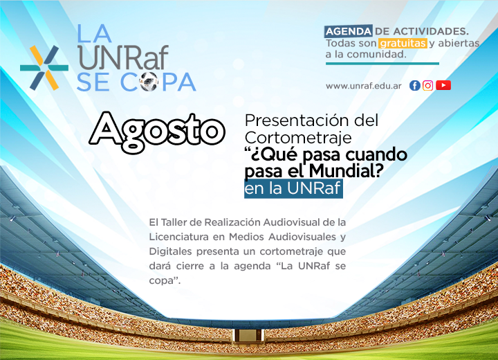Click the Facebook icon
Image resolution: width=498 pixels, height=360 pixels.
[x=415, y=86]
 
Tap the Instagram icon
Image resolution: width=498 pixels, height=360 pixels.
[x=428, y=86]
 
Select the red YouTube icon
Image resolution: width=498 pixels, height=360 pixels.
[x=443, y=85]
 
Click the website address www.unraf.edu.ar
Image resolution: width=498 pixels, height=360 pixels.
[x=364, y=86]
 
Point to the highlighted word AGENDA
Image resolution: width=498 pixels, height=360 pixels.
[x=349, y=31]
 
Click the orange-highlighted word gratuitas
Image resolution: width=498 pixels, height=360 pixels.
[x=403, y=43]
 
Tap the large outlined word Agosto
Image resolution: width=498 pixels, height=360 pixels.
[x=157, y=132]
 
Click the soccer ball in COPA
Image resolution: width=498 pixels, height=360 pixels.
[x=149, y=82]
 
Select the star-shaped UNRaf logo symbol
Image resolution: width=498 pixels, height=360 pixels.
[x=44, y=68]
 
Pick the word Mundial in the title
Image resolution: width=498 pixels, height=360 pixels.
[x=346, y=171]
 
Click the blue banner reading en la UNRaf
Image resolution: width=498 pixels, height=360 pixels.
[x=293, y=188]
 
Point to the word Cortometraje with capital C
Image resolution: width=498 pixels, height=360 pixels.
[x=298, y=138]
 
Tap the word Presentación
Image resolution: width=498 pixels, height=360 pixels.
[x=292, y=120]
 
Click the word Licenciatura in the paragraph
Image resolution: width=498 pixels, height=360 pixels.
[x=179, y=237]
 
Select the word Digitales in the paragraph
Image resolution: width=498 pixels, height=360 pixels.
[x=171, y=251]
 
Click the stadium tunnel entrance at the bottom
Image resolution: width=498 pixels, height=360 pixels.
[x=247, y=336]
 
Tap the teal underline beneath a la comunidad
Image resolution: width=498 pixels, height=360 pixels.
[x=382, y=64]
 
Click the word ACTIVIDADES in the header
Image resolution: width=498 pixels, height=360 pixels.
[x=431, y=31]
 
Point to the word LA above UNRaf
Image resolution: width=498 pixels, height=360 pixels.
[x=94, y=33]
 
